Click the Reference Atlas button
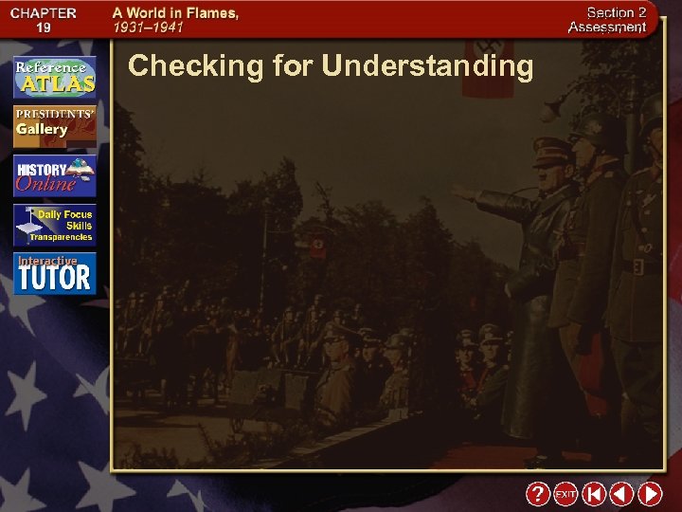pos(55,78)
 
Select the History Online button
pos(55,174)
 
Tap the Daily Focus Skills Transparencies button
pos(55,225)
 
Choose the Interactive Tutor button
pos(55,273)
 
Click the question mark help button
pos(537,494)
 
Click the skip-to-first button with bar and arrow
pos(594,494)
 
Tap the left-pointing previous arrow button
pos(621,494)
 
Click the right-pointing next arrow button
pos(650,494)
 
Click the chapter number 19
pos(44,28)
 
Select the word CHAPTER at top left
pos(44,13)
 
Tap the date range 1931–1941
pos(149,28)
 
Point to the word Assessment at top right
pos(607,27)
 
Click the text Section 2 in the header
pos(617,12)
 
